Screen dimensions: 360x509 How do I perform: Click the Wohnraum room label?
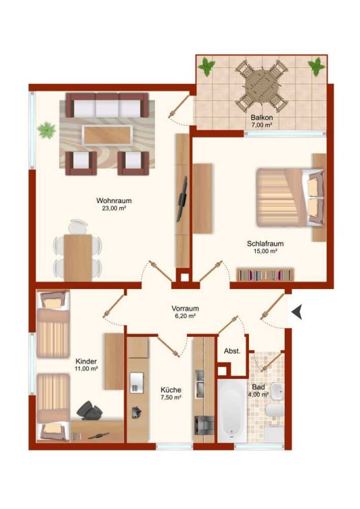coord(114,200)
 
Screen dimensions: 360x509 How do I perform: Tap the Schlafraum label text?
coord(265,243)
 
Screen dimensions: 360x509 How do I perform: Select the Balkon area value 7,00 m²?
coord(262,125)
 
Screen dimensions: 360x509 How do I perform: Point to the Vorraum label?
coord(185,309)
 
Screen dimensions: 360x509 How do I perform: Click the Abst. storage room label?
coord(232,351)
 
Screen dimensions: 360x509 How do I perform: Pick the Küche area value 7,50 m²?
coord(171,397)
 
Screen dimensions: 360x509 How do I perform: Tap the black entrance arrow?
coord(297,312)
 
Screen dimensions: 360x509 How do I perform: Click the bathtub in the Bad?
coord(232,411)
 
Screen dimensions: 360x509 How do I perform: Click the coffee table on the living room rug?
coord(108,135)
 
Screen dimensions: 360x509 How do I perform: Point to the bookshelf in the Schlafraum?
coord(265,275)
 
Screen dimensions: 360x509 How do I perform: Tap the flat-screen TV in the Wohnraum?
coord(182,199)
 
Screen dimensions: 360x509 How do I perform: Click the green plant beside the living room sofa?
coord(46,130)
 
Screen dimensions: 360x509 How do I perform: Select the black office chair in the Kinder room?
coord(89,411)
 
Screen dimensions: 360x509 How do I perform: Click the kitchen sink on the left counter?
coord(137,383)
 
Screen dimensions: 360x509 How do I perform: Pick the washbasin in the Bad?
coord(277,391)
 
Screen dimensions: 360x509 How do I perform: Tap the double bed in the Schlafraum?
coord(290,198)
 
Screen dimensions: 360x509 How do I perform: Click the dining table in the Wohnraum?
coord(78,258)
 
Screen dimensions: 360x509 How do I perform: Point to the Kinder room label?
coord(86,361)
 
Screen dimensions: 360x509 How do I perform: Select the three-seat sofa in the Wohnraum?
coord(108,105)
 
